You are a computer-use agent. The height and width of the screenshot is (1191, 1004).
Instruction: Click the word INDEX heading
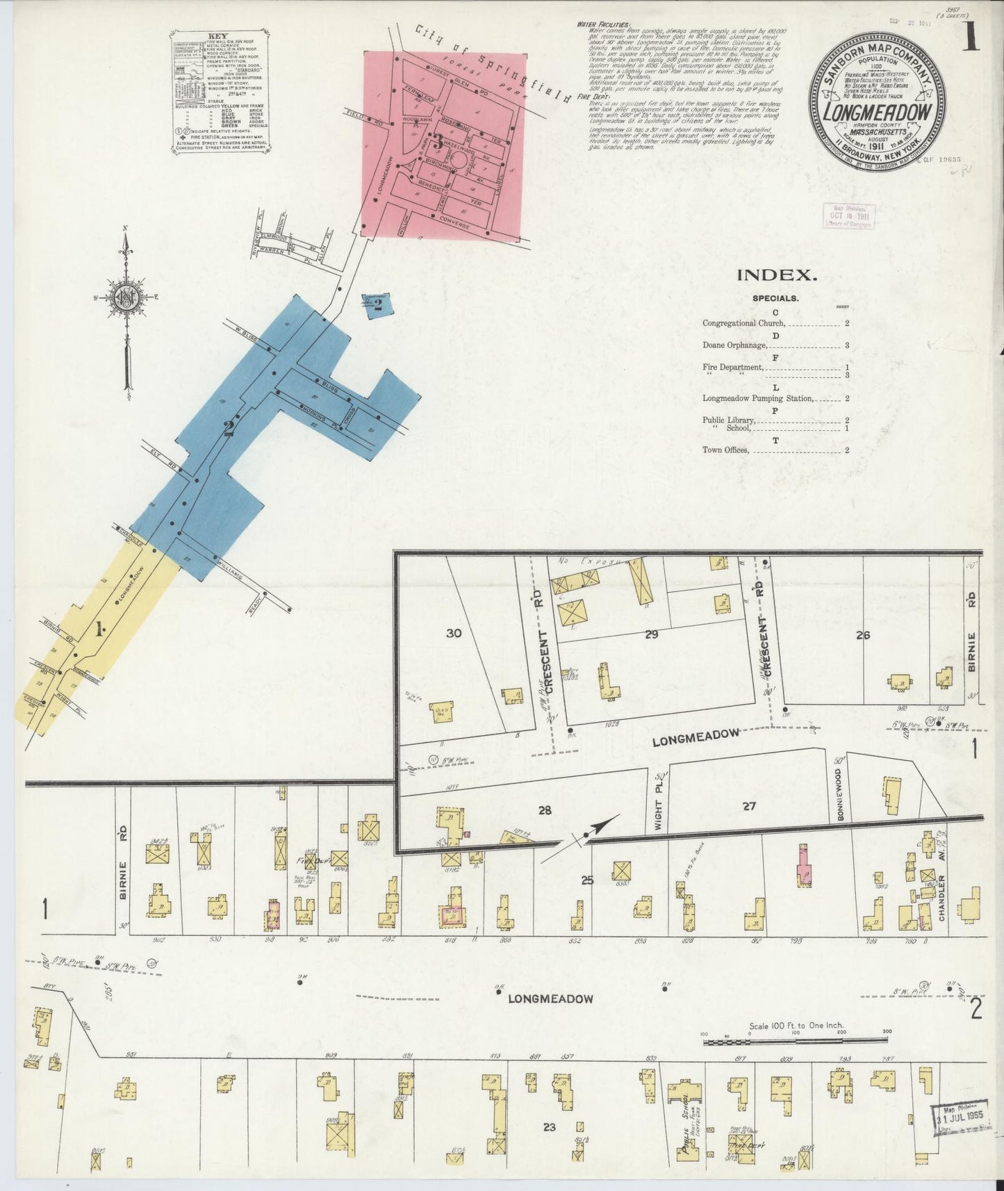coord(775,274)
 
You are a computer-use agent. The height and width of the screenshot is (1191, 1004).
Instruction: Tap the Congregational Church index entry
coord(743,324)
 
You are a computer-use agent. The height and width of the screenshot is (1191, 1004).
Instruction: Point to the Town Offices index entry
coord(725,450)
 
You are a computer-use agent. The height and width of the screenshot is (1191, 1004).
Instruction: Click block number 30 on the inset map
coord(454,633)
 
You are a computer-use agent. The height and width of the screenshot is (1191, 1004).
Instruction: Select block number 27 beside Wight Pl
coord(748,806)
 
